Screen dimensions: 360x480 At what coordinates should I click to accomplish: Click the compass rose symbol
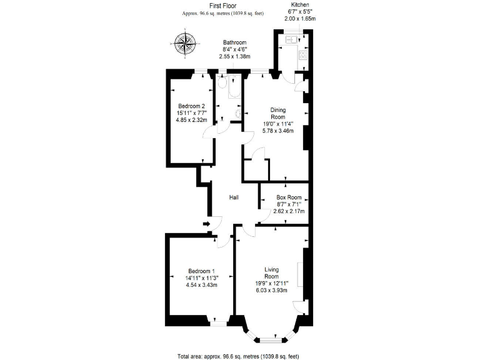184,42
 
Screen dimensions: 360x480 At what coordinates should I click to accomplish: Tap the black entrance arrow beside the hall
207,224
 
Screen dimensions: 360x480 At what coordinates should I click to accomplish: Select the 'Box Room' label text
289,197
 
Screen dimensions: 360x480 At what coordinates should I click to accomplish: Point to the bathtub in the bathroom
233,88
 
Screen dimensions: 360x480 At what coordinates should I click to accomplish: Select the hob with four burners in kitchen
302,55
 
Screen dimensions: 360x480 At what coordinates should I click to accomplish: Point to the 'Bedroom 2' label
191,106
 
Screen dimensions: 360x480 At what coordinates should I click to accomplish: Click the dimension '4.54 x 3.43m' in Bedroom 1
201,285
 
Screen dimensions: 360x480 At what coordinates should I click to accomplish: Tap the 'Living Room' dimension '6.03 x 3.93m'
271,290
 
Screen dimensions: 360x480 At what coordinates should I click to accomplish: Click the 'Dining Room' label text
277,113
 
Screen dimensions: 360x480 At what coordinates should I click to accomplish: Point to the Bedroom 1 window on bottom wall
217,324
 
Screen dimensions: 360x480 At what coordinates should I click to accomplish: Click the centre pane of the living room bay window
271,339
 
